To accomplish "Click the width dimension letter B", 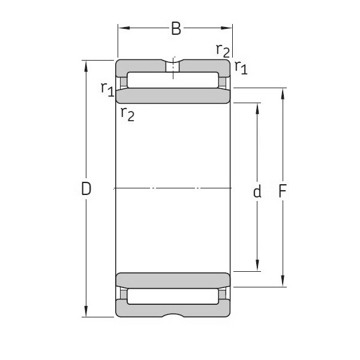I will pyautogui.click(x=176, y=29).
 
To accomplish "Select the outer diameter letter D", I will pyautogui.click(x=86, y=189).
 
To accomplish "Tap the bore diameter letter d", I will pyautogui.click(x=257, y=191).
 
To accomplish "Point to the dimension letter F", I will pyautogui.click(x=283, y=191).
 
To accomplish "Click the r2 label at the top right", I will pyautogui.click(x=223, y=50).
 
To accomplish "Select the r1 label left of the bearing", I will pyautogui.click(x=107, y=89).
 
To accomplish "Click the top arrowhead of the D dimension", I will pyautogui.click(x=86, y=64).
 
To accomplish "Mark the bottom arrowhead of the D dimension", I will pyautogui.click(x=86, y=313).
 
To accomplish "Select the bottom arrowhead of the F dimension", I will pyautogui.click(x=283, y=283).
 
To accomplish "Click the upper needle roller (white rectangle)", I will pyautogui.click(x=173, y=80).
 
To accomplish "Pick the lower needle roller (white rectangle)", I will pyautogui.click(x=173, y=295).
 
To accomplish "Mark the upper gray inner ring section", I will pyautogui.click(x=173, y=96).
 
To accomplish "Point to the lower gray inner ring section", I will pyautogui.click(x=173, y=280).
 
